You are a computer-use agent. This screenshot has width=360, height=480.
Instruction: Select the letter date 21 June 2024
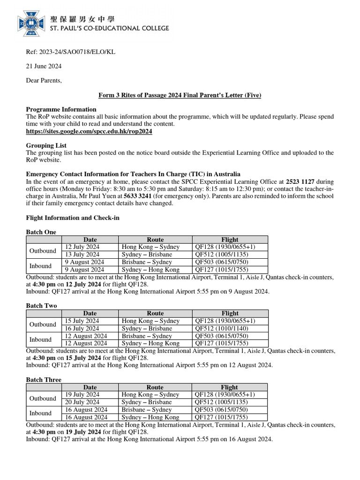[x=44, y=66]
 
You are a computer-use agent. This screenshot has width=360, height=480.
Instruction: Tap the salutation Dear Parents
[x=44, y=80]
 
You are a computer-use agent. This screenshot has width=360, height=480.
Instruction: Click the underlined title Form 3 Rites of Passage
[x=180, y=95]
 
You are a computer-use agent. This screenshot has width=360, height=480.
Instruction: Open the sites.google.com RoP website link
[x=89, y=132]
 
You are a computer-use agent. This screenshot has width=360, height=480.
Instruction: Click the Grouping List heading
[x=46, y=145]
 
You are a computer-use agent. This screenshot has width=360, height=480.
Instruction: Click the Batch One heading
[x=41, y=232]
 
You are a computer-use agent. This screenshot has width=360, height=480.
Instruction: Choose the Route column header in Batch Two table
[x=155, y=313]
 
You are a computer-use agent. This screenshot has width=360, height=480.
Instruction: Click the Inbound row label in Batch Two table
[x=40, y=339]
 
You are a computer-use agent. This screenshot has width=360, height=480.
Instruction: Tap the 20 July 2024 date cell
[x=82, y=402]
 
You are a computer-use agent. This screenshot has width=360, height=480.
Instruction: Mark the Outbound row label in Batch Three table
[x=43, y=398]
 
